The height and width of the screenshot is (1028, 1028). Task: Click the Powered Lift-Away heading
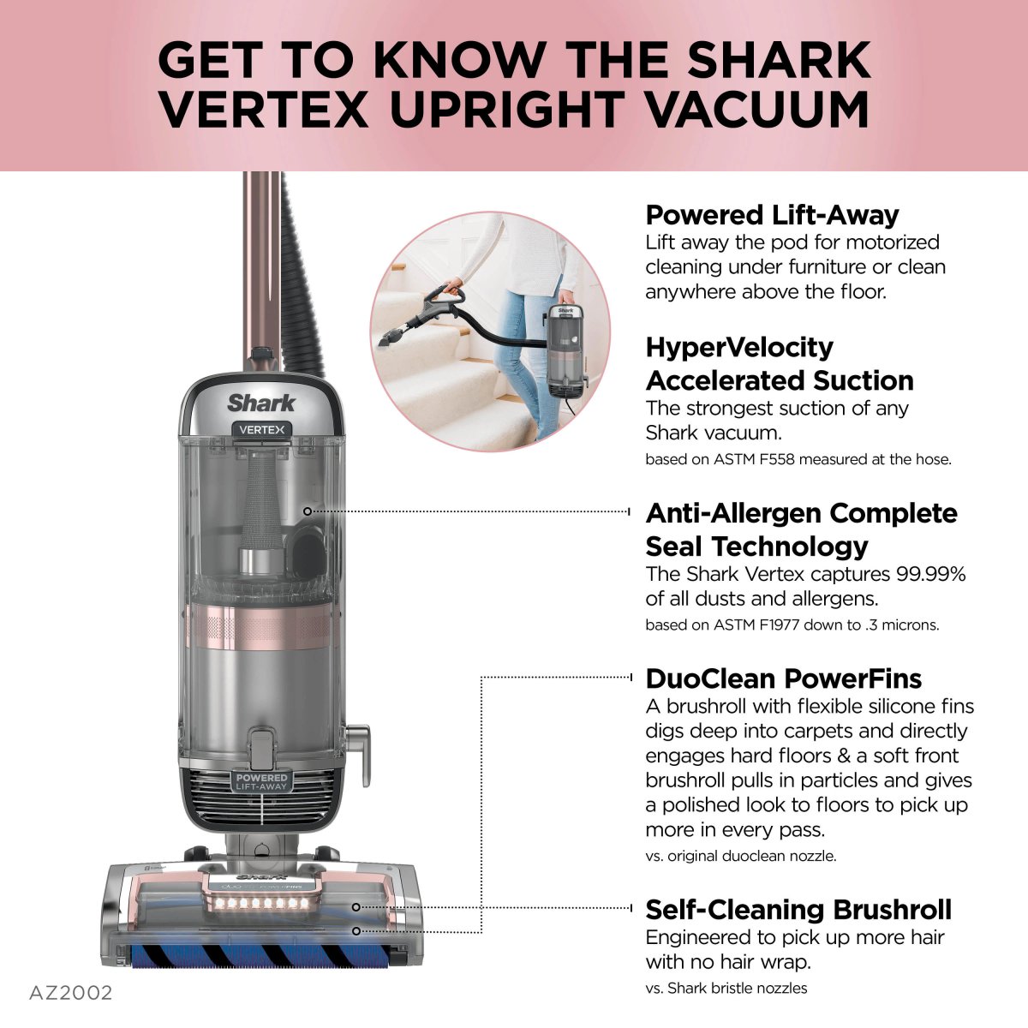click(x=772, y=214)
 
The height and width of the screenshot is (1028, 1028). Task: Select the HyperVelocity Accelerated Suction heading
click(x=779, y=363)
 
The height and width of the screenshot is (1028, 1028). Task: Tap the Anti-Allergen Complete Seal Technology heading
click(x=801, y=529)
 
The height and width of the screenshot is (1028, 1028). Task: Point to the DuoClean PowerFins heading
click(x=783, y=678)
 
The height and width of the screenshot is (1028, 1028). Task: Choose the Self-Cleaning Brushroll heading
click(x=798, y=909)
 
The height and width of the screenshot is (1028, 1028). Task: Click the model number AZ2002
click(x=70, y=993)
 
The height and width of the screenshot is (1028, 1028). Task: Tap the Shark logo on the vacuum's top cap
click(x=261, y=403)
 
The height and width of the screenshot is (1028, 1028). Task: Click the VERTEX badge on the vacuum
click(x=261, y=429)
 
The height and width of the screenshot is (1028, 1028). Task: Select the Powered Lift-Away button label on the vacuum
click(x=262, y=781)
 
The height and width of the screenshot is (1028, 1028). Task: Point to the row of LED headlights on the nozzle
click(x=261, y=903)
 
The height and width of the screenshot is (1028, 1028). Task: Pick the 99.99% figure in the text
click(x=930, y=574)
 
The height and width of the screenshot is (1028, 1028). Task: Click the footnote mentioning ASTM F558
click(x=798, y=459)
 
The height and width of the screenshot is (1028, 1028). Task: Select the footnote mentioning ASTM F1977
click(x=792, y=625)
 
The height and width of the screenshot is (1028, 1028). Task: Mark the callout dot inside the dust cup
click(x=308, y=511)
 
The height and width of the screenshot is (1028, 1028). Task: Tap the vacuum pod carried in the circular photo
click(x=565, y=347)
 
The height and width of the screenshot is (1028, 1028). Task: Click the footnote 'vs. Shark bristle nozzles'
click(x=726, y=988)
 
